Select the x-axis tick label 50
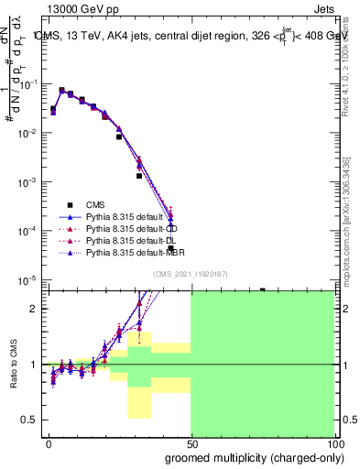pos(191,442)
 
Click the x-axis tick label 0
pos(49,442)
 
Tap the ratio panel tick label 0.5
pos(29,420)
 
